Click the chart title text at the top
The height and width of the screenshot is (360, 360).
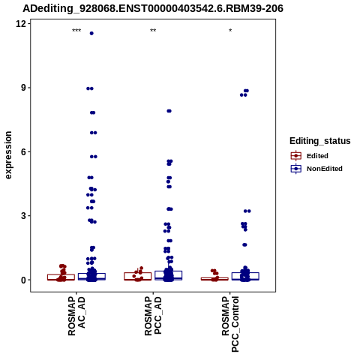(x=153, y=8)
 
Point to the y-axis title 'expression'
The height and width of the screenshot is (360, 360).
(x=8, y=155)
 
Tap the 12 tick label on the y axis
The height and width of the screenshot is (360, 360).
(x=21, y=24)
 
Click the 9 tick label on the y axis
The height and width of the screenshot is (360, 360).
(x=24, y=88)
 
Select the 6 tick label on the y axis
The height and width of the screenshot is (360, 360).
(x=24, y=151)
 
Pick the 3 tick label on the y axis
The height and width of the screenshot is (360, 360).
(x=24, y=216)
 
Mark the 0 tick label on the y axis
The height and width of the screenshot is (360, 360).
(x=24, y=280)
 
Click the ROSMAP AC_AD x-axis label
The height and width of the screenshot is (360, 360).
(x=76, y=316)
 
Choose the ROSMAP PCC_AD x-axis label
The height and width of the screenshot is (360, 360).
(x=153, y=316)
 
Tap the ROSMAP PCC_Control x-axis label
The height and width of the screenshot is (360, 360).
(x=230, y=324)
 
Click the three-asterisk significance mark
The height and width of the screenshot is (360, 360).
(x=76, y=31)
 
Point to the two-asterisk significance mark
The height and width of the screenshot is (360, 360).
(x=153, y=31)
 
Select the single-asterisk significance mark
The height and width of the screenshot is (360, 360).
(x=230, y=31)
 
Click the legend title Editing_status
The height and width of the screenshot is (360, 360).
(x=320, y=141)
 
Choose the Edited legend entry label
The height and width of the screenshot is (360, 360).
(x=317, y=156)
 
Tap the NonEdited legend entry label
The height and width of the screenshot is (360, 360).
(x=325, y=169)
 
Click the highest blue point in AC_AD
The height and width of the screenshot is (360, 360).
(x=91, y=33)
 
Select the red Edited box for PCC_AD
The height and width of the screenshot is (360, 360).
(x=138, y=276)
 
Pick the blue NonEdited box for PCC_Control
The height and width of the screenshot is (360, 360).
(x=245, y=276)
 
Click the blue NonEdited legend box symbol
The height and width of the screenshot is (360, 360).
(x=296, y=169)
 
